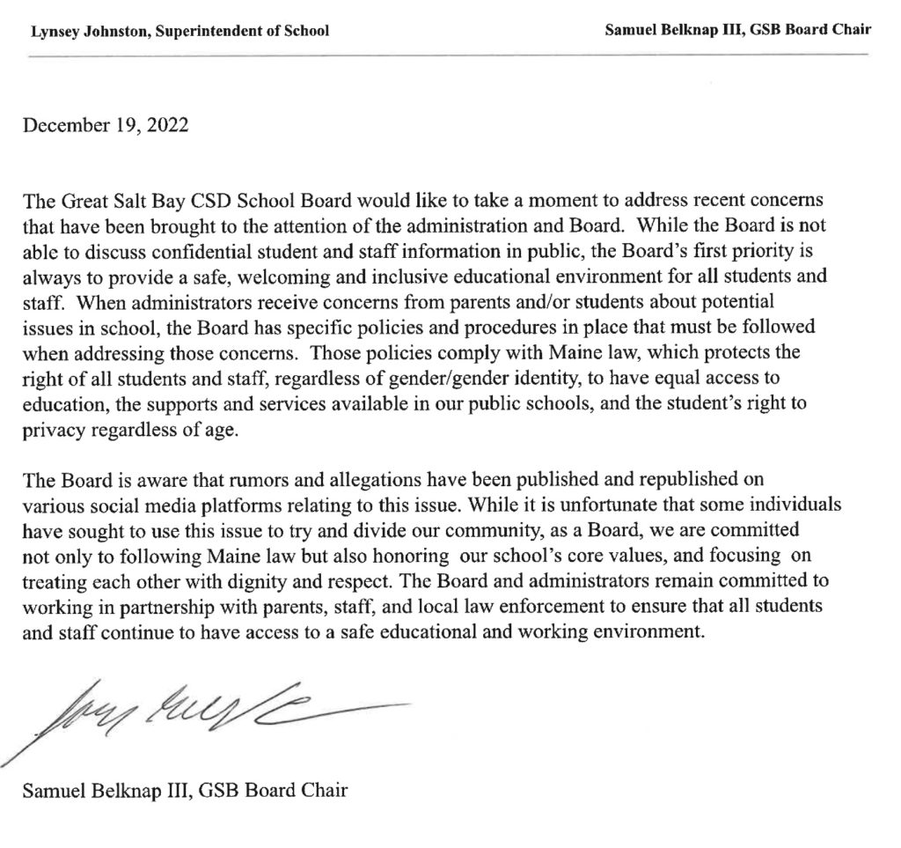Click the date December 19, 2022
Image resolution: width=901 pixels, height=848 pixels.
(106, 125)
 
